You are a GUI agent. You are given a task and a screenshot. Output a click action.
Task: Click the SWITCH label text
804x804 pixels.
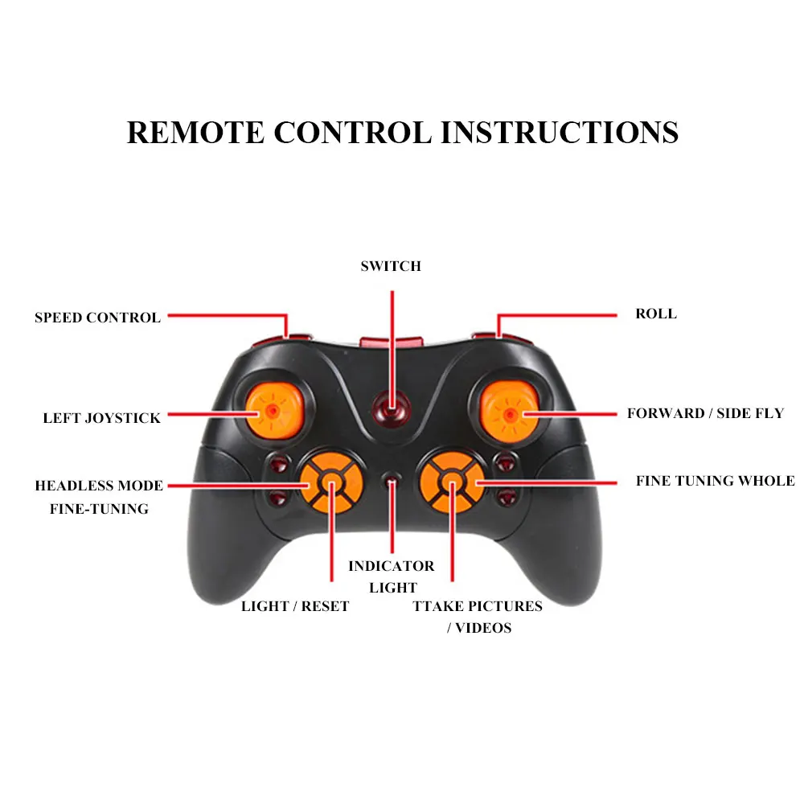tap(391, 266)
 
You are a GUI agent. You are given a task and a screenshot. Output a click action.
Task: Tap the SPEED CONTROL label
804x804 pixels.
tap(97, 318)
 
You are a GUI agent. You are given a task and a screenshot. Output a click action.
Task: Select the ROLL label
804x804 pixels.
tap(656, 314)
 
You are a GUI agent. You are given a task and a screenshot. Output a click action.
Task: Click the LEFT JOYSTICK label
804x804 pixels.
tap(101, 418)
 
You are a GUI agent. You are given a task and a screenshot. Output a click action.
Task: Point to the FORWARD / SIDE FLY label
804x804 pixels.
tap(705, 413)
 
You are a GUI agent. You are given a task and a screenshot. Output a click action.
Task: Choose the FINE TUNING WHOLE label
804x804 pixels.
tap(715, 481)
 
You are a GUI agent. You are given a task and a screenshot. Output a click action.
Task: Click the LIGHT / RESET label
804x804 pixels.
tap(295, 606)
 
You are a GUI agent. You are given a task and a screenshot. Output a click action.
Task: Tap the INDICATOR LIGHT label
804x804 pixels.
tap(392, 576)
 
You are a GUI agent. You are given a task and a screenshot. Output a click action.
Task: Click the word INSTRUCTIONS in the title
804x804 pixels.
tap(559, 132)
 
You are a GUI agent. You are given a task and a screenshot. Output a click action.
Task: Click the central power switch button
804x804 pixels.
tap(392, 410)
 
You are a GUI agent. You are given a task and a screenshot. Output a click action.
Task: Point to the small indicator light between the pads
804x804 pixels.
tap(392, 482)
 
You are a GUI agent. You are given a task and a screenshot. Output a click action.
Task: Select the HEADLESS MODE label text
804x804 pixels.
tap(99, 486)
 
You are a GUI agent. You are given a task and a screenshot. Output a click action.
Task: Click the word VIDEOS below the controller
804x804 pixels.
tap(483, 628)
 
